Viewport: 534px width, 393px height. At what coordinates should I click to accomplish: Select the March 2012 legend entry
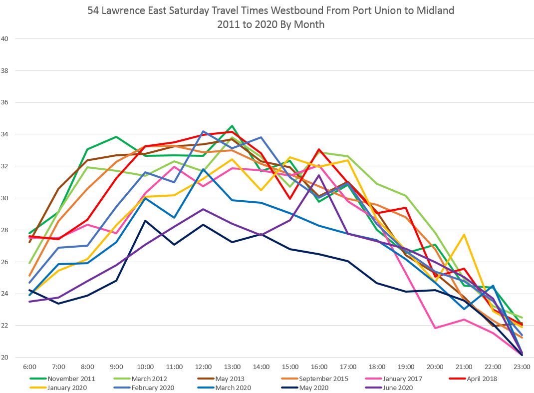point(149,379)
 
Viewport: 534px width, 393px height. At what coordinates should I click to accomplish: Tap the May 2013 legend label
point(230,379)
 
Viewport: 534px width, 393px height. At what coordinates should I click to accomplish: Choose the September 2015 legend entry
point(323,379)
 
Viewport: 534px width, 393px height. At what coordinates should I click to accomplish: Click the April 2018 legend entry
point(481,379)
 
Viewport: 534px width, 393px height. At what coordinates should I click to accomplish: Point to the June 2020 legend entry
point(398,388)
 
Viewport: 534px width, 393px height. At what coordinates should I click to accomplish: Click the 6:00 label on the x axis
point(30,367)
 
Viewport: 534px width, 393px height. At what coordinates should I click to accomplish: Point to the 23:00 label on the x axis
point(521,367)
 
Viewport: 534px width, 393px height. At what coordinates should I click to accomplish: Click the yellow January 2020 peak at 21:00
point(464,235)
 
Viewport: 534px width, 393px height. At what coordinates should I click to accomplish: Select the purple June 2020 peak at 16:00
point(319,175)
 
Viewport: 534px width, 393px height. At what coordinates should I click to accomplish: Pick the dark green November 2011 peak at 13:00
point(232,126)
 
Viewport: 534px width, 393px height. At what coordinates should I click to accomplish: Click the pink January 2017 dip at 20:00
point(435,328)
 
